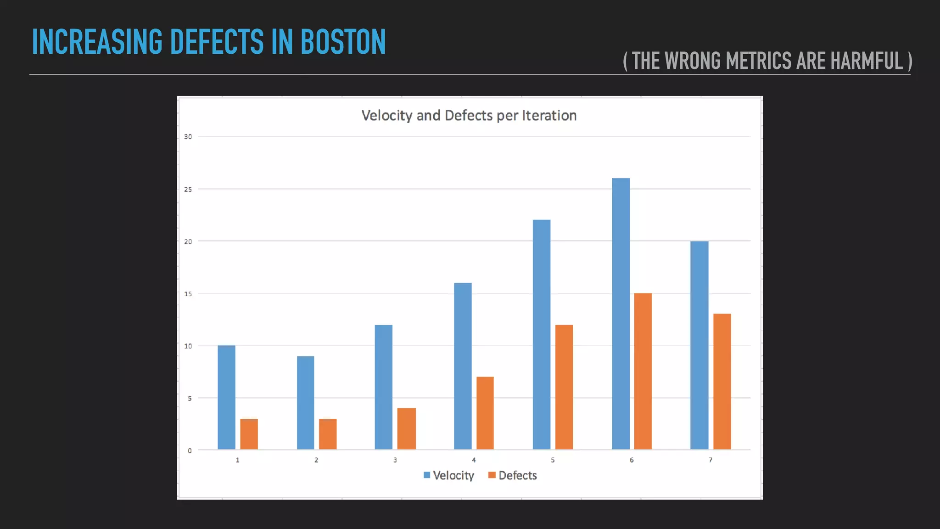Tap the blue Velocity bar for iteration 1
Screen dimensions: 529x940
coord(226,397)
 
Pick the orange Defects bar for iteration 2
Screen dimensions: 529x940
coord(328,434)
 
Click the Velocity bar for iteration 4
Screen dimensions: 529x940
coord(463,366)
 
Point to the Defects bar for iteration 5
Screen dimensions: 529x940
coord(564,387)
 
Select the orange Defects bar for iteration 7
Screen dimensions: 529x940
coord(722,382)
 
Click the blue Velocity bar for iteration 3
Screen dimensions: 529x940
coord(384,387)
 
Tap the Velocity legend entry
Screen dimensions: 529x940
coord(449,475)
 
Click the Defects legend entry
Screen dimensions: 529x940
coord(513,475)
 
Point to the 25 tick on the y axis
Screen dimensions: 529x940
coord(188,189)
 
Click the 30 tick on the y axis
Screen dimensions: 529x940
coord(188,136)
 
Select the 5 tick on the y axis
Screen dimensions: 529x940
coord(190,398)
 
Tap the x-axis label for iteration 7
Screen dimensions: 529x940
coord(711,460)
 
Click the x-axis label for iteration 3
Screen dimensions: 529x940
coord(395,460)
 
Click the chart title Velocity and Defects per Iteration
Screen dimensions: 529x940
coord(469,115)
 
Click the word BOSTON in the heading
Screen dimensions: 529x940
coord(343,42)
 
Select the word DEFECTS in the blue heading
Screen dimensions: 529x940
coord(217,42)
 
